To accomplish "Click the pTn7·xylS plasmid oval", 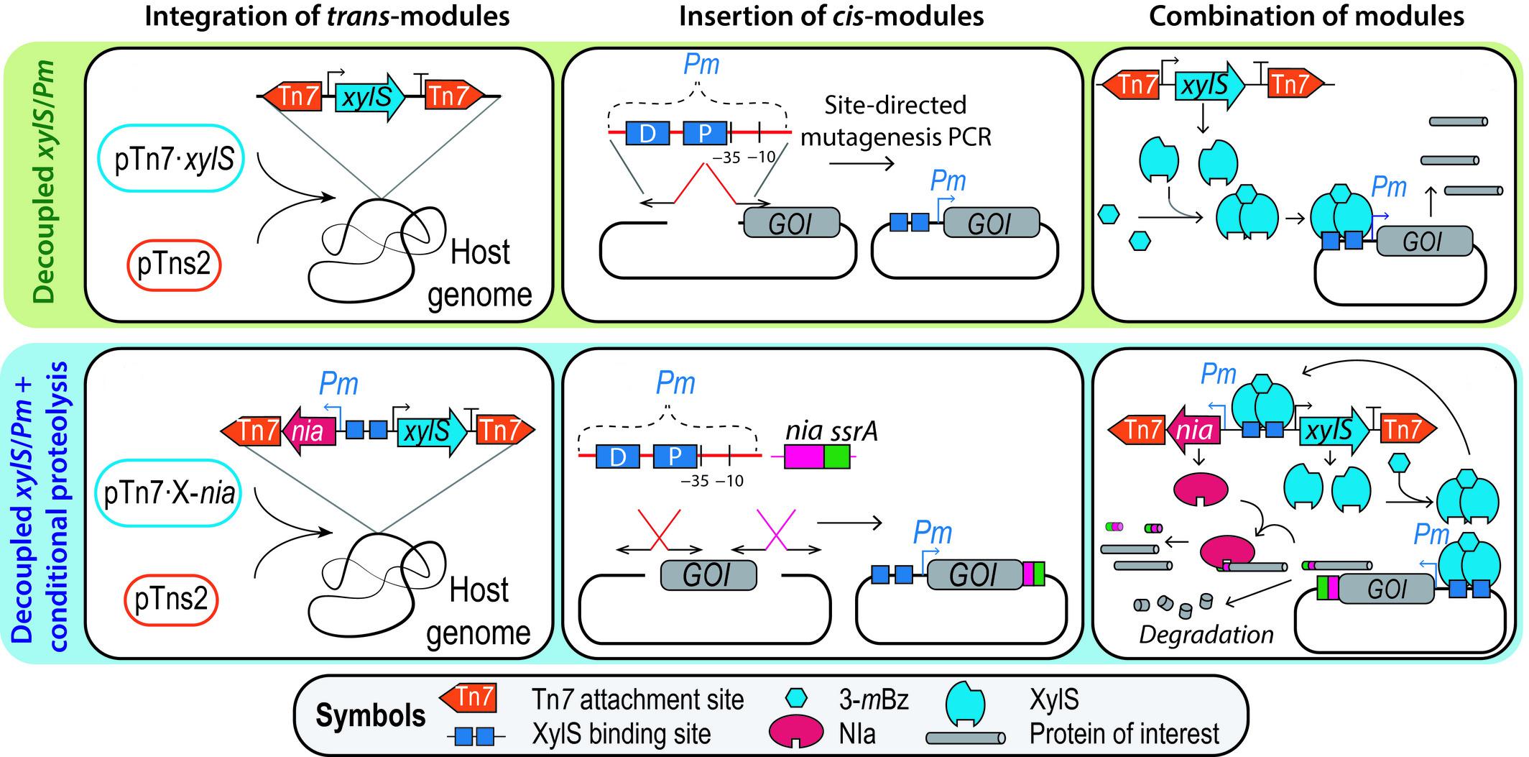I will point(174,160).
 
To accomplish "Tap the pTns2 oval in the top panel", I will point(174,265).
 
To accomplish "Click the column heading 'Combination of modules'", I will point(1306,16).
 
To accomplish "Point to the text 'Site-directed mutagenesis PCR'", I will point(895,120).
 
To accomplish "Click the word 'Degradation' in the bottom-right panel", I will point(1206,635).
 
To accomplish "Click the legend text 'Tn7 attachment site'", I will point(638,699).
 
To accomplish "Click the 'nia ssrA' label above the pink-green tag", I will point(831,431).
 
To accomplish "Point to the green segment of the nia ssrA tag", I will point(836,457).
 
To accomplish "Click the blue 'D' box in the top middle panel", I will point(647,134).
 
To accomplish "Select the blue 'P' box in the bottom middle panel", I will point(675,457).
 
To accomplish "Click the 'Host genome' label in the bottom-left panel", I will point(479,611).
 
